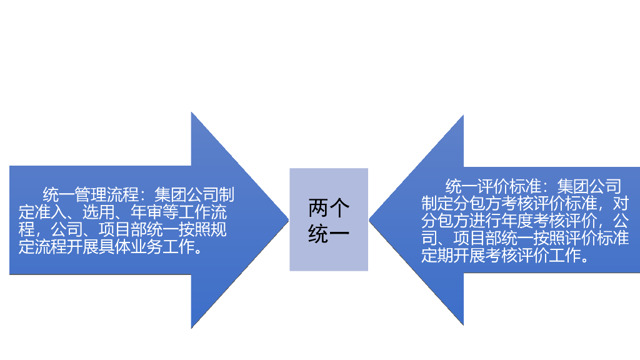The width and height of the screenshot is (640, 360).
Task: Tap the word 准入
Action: pos(48,212)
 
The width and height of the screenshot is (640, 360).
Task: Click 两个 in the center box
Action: pos(329,207)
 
